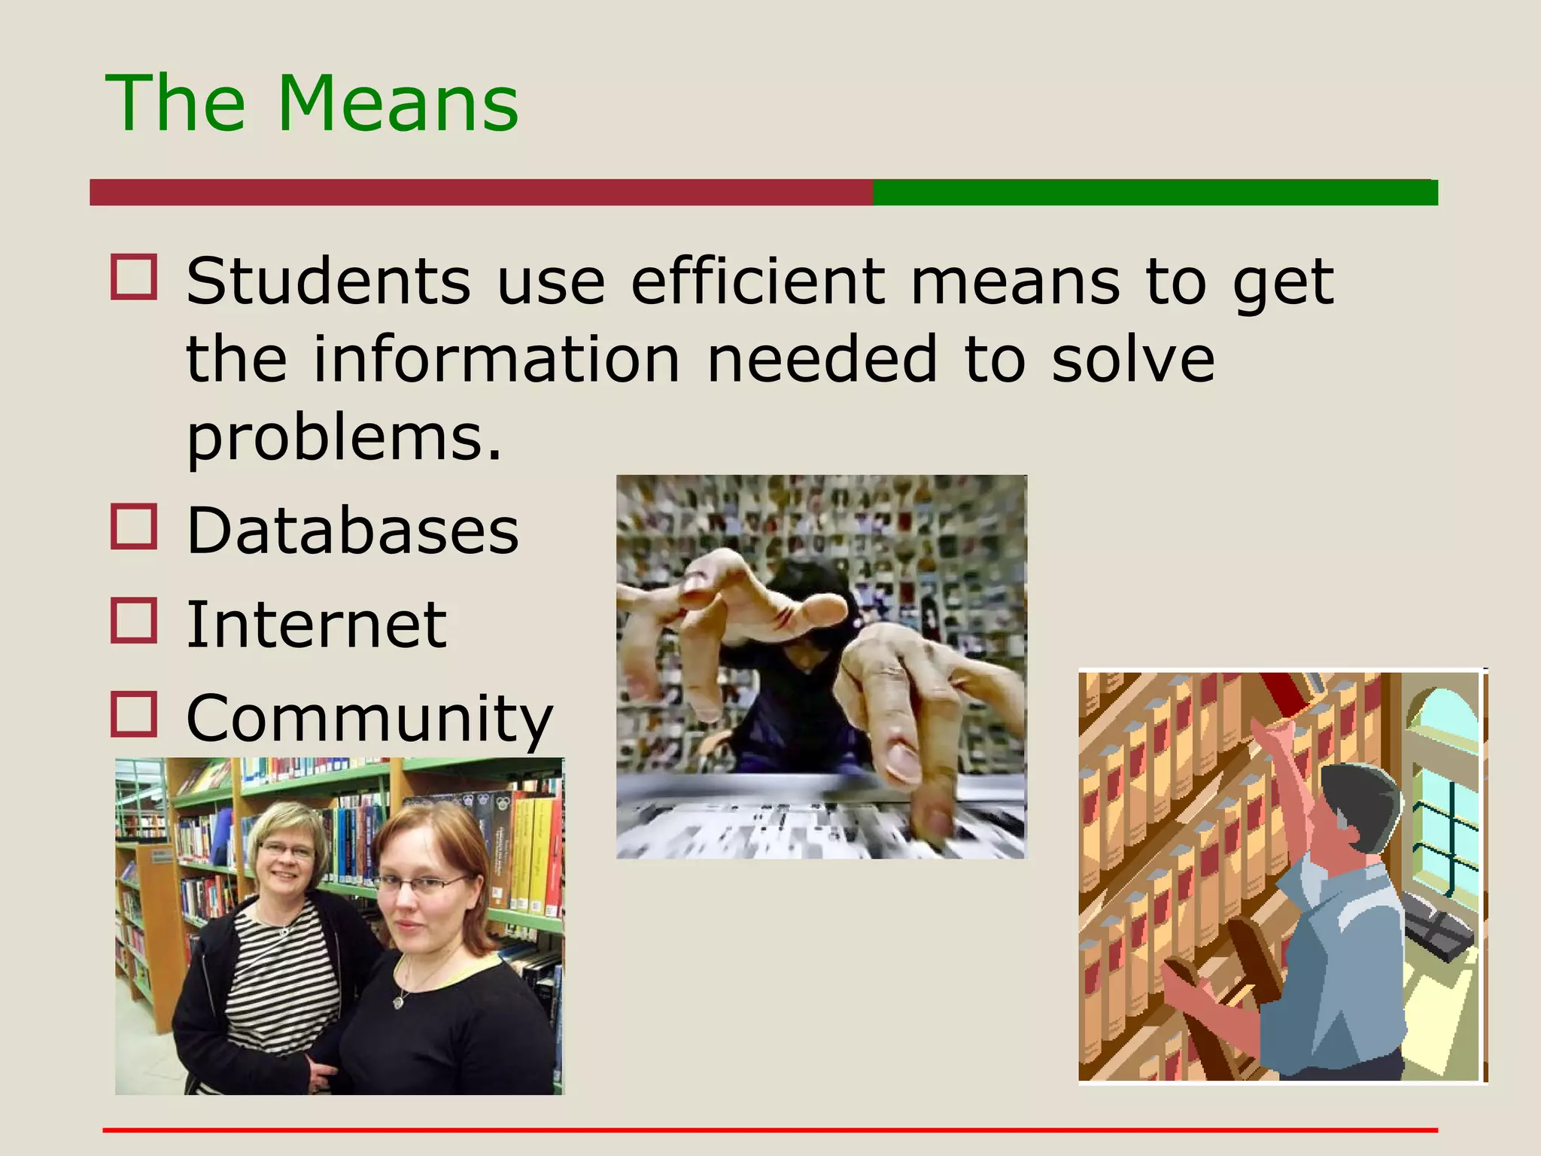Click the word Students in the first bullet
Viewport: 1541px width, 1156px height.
coord(328,281)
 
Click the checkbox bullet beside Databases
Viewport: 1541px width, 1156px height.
coord(134,526)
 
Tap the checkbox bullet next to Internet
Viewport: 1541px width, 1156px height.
coord(134,620)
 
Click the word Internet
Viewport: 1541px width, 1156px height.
coord(316,624)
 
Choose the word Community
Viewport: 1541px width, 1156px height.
coord(369,719)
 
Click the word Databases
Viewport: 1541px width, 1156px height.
coord(352,531)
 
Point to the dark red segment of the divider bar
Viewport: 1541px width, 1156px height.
coord(482,193)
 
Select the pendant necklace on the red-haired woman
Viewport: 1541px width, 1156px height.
coord(399,1002)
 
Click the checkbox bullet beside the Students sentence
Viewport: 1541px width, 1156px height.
coord(134,277)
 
